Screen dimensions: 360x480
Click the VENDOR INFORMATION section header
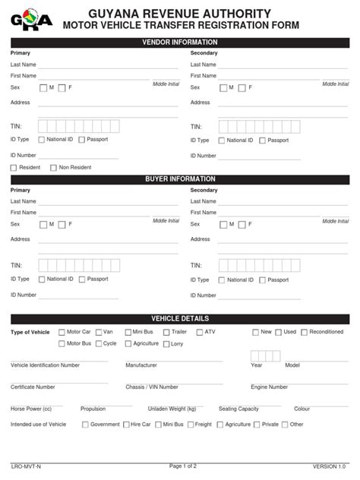click(x=180, y=42)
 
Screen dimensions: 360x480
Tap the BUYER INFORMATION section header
click(x=180, y=179)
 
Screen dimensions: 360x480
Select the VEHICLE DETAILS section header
click(x=180, y=318)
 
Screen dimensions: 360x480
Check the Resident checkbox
click(x=14, y=167)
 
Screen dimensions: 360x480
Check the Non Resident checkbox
click(x=53, y=167)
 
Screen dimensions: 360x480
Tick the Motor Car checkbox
click(x=62, y=332)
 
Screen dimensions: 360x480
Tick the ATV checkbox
click(x=200, y=332)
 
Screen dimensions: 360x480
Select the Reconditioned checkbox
click(x=304, y=332)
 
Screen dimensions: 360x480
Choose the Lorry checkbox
click(x=166, y=343)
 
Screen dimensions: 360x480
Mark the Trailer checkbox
click(x=166, y=332)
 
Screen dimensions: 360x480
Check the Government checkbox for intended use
click(x=85, y=425)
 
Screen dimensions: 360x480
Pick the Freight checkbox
click(x=189, y=425)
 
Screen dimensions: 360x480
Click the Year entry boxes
click(x=265, y=355)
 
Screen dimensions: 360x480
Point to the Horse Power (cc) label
click(x=31, y=409)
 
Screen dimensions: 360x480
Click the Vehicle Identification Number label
click(x=45, y=365)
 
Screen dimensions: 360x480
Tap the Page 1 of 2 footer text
click(x=180, y=465)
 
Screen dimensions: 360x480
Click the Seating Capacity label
click(x=238, y=409)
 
